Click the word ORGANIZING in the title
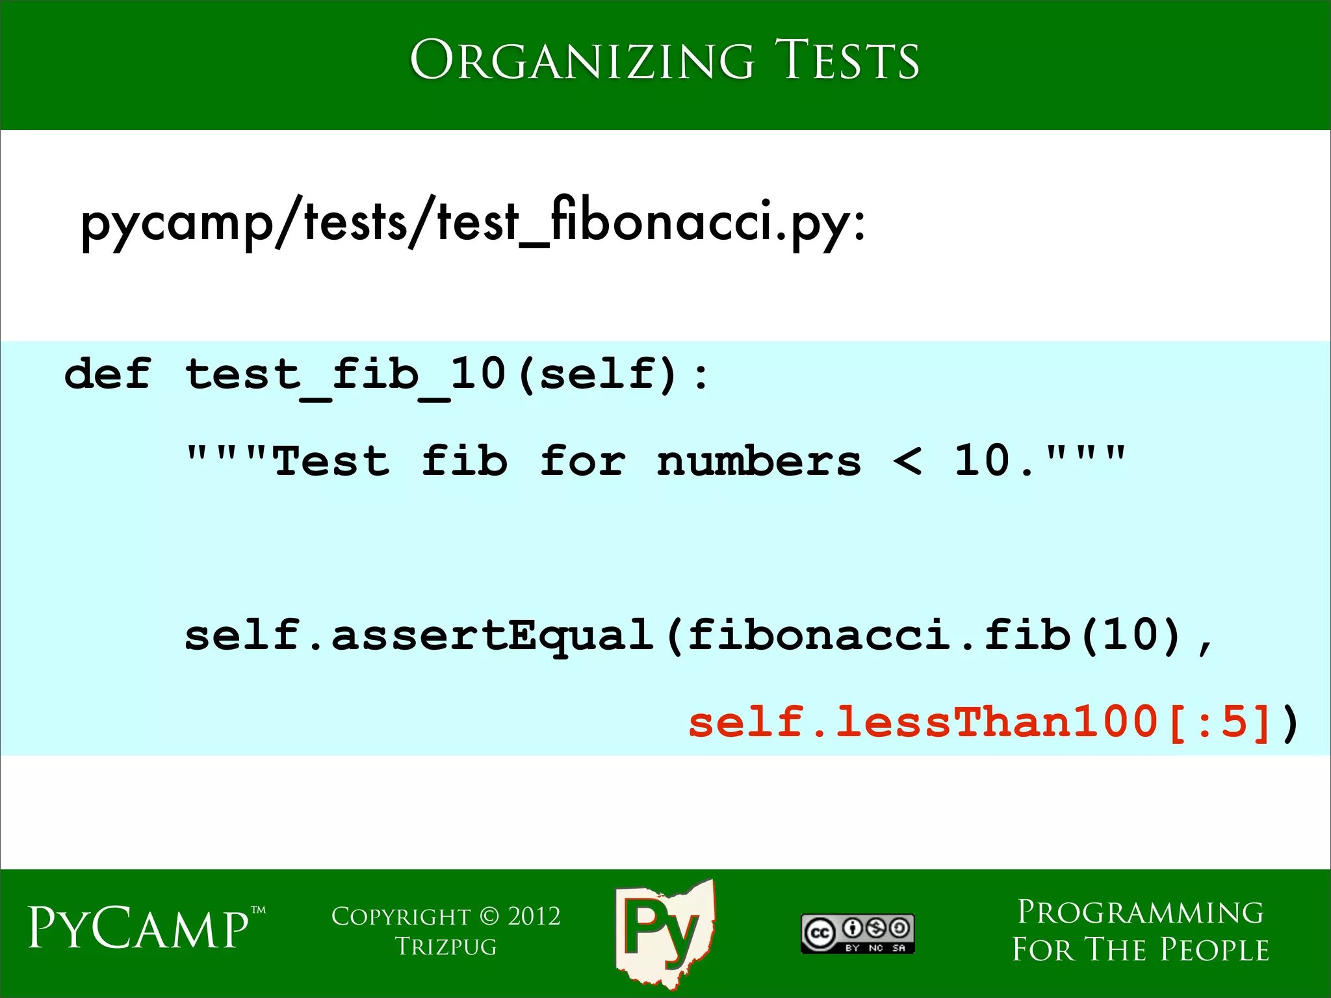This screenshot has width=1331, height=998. coord(582,60)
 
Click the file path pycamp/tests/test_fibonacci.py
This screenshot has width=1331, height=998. coord(472,222)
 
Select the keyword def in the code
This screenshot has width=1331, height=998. coord(107,374)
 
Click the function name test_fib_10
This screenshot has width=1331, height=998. coord(345,376)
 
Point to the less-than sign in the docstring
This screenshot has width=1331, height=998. coord(907,461)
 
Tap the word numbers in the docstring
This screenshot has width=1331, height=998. coord(758,461)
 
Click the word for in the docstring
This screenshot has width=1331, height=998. coord(582,461)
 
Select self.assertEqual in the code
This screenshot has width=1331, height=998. coord(419,635)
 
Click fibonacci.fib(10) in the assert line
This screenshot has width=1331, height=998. coord(934,635)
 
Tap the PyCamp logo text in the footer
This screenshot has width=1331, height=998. coord(138,928)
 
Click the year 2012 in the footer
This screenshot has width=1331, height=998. coord(534,917)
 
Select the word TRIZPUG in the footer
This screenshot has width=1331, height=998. coord(446,947)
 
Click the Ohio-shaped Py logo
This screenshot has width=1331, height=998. coord(664,932)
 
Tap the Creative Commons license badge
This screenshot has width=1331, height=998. coord(857,934)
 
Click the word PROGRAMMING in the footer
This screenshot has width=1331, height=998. coord(1141,913)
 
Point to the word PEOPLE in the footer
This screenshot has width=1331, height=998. coord(1215,950)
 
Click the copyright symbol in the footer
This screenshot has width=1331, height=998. coord(489,917)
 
